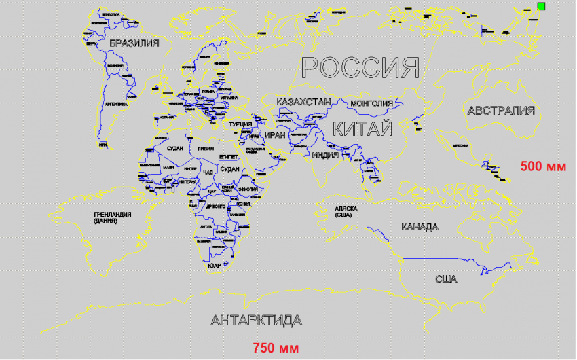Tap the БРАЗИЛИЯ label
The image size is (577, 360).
click(x=134, y=43)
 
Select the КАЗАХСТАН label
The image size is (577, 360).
click(x=303, y=102)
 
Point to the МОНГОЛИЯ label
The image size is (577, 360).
click(x=371, y=103)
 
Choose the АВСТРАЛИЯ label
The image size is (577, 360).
click(x=501, y=110)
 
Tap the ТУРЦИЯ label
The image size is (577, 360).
click(x=241, y=124)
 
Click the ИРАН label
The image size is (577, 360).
click(x=275, y=135)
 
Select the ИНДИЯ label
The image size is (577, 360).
click(x=325, y=155)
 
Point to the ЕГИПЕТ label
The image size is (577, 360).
click(x=228, y=156)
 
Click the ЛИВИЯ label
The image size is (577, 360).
click(x=205, y=148)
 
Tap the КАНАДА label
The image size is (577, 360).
click(x=420, y=227)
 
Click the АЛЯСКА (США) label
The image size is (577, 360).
click(x=346, y=211)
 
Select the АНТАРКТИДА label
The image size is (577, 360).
click(x=257, y=320)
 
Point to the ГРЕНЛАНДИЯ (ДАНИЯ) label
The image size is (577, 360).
click(x=112, y=217)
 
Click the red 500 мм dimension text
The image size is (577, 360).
click(x=543, y=166)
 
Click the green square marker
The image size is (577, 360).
click(x=541, y=6)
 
